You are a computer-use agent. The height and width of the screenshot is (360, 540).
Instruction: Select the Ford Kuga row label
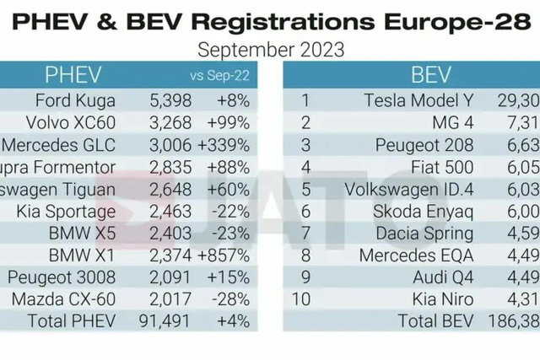point(95,101)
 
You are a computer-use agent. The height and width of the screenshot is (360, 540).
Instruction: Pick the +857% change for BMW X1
point(228,255)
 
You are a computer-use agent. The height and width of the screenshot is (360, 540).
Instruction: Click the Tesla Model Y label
point(418,101)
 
